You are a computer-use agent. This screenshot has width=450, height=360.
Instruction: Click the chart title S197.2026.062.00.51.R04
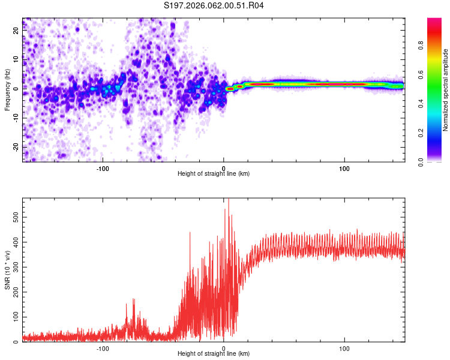point(214,6)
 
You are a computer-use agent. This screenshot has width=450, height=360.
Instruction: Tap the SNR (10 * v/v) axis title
point(7,271)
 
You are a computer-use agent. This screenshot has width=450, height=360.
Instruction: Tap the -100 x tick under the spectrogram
point(103,169)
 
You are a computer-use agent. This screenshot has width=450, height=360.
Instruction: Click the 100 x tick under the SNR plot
point(344,349)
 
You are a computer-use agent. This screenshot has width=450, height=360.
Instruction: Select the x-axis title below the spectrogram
point(214,174)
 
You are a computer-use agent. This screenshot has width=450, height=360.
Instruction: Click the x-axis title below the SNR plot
point(214,354)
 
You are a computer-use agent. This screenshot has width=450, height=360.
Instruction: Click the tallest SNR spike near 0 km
point(228,200)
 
